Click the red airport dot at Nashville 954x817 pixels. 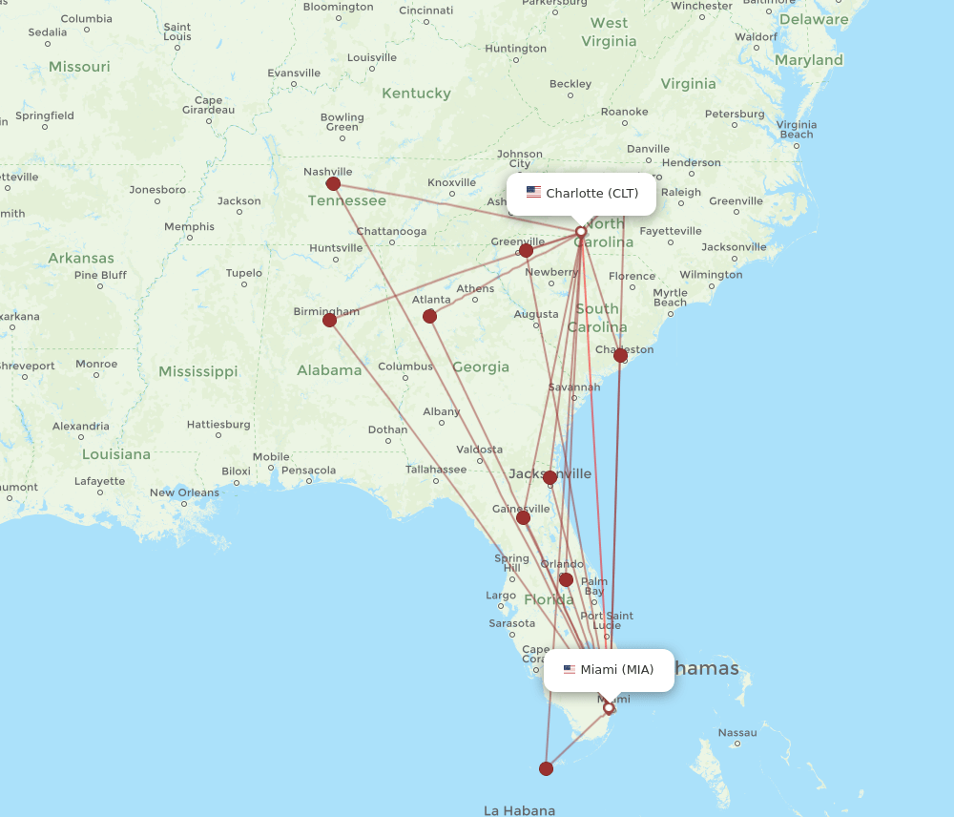(x=333, y=184)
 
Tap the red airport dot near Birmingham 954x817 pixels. (x=330, y=320)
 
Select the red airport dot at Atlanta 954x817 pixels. (x=429, y=316)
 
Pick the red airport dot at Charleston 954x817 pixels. (x=621, y=355)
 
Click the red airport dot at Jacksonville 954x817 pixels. (x=550, y=477)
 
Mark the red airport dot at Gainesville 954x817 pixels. (x=523, y=517)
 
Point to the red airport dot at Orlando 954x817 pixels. (x=566, y=579)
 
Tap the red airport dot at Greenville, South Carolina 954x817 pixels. (x=526, y=250)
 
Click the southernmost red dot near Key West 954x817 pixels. (x=546, y=768)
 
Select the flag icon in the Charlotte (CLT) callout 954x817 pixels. (x=533, y=193)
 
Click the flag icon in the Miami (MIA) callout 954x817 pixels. (x=570, y=669)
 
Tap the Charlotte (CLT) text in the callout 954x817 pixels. (x=592, y=194)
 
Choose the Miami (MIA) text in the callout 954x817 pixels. (x=617, y=669)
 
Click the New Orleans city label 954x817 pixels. (x=184, y=492)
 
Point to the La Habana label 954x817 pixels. (x=519, y=810)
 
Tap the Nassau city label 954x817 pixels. (x=737, y=732)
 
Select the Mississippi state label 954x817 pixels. (x=198, y=370)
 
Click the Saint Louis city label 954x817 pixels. (x=177, y=32)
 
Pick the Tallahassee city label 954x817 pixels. (x=436, y=469)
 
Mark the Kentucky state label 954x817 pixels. (x=416, y=94)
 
